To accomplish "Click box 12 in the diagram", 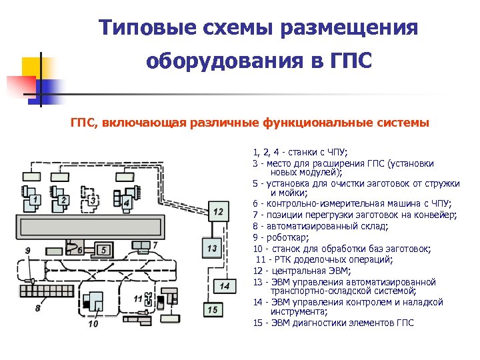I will point(219,212).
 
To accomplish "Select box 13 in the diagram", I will point(212,248).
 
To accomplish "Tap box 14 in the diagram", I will point(225,285).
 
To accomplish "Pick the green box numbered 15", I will point(212,309).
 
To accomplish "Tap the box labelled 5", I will point(103,249).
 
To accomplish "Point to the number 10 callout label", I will point(93,324).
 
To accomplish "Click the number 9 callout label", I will point(28,251).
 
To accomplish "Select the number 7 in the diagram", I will point(155,245).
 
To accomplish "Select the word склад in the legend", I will point(356,225).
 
